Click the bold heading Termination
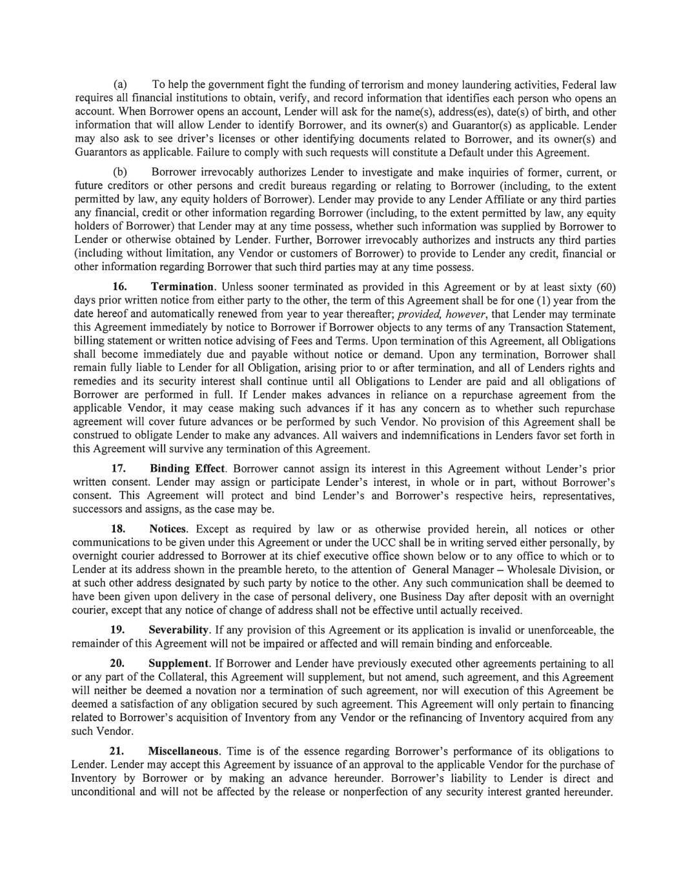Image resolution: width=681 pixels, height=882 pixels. [182, 286]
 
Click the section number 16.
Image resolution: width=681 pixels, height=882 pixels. [119, 286]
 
